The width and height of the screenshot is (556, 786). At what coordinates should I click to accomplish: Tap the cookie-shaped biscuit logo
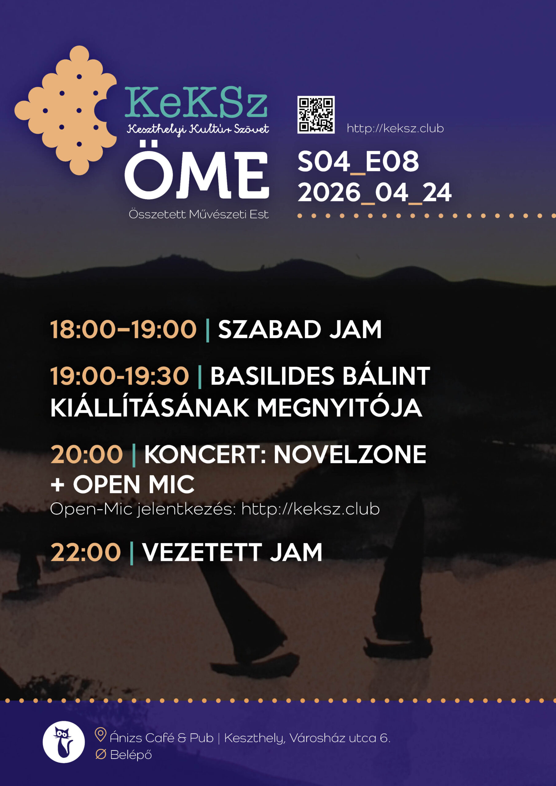(x=66, y=110)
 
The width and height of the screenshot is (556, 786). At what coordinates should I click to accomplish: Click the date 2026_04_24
(x=375, y=193)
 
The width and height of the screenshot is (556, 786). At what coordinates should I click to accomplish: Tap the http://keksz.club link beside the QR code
(x=395, y=128)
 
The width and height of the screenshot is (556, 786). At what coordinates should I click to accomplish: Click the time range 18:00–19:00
(x=123, y=329)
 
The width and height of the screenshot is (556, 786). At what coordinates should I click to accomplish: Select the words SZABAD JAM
(x=300, y=329)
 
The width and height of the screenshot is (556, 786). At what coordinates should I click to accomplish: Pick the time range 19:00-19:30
(x=119, y=376)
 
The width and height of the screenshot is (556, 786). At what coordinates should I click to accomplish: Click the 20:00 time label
(x=87, y=454)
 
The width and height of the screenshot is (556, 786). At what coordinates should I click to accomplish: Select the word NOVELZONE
(x=350, y=454)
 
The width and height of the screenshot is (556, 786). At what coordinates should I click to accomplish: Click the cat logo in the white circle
(x=64, y=742)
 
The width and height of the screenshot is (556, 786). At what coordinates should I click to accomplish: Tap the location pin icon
(x=100, y=735)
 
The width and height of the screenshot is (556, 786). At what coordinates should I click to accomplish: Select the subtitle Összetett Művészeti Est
(x=198, y=214)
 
